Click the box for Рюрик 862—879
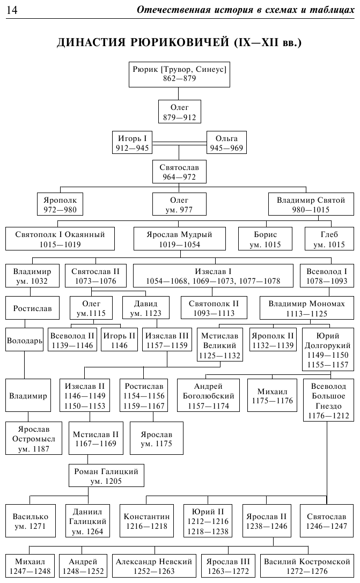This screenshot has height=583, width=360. click(x=179, y=73)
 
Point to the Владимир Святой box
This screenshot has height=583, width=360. click(x=310, y=204)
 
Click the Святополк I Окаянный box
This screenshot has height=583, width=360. click(x=60, y=239)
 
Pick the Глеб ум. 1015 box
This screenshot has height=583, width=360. click(x=329, y=239)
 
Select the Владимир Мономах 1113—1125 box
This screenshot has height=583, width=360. click(x=306, y=308)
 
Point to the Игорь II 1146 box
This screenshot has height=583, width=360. click(x=119, y=340)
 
